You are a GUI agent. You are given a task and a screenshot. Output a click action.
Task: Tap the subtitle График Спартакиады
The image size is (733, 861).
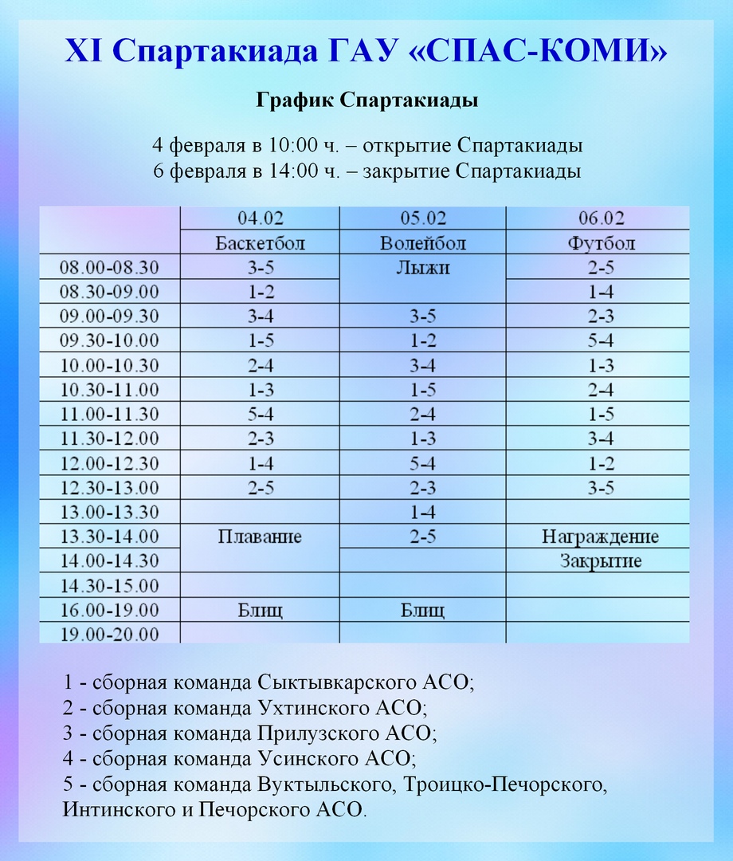point(366,101)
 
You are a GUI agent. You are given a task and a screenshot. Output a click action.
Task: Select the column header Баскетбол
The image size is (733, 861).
point(260,242)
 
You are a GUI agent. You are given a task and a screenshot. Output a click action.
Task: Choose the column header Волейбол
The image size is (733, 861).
point(422,242)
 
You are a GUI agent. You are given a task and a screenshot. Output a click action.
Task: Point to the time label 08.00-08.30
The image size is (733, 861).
point(110,267)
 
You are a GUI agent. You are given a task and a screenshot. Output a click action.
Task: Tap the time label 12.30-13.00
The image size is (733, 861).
point(110,487)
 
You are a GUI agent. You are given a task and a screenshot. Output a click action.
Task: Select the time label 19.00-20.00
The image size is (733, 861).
point(110,635)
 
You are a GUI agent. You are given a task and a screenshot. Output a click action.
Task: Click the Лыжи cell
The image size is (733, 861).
point(422,268)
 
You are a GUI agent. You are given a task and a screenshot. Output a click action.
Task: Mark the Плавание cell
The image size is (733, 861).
point(260,537)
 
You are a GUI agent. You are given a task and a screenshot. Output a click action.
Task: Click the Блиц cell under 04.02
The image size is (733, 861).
point(260,611)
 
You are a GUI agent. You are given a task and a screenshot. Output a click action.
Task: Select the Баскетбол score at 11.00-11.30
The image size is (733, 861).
point(260,415)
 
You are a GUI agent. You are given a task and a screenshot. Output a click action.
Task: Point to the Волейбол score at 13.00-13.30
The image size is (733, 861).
point(422,512)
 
